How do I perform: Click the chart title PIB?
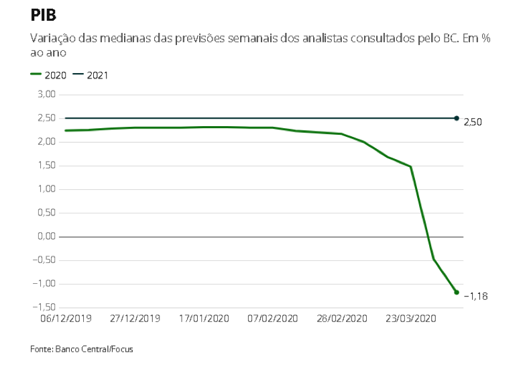(44, 15)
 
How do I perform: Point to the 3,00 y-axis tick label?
(45, 95)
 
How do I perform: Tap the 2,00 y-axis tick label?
(45, 142)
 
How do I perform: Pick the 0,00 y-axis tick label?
(45, 237)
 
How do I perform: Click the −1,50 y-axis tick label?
(43, 308)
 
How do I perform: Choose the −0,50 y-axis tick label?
(43, 260)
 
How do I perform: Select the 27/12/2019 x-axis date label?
(135, 318)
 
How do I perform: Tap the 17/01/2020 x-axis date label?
(205, 318)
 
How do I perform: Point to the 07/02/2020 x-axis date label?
(272, 318)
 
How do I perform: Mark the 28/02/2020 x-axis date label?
(342, 318)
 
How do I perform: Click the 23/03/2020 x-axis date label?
(412, 318)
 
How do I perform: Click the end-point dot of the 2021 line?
(457, 118)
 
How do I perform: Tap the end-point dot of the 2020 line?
(457, 293)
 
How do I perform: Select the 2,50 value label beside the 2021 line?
(473, 122)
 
